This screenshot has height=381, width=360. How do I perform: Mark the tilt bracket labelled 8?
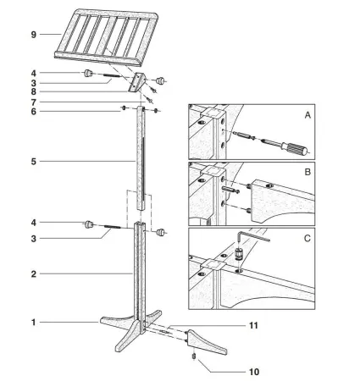tap(137, 84)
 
